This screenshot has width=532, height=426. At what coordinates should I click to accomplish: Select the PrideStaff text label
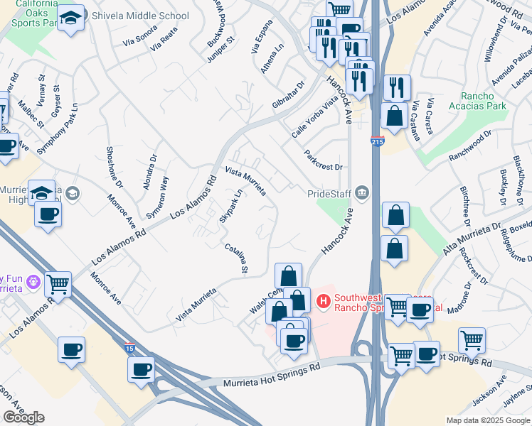pyautogui.click(x=330, y=193)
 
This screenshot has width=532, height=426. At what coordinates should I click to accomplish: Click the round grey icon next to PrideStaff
pyautogui.click(x=363, y=192)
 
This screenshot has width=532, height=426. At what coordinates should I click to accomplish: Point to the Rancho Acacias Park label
pyautogui.click(x=473, y=101)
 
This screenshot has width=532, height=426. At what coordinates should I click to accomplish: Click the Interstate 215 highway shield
pyautogui.click(x=377, y=142)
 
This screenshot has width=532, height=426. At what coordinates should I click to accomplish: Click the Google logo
pyautogui.click(x=23, y=417)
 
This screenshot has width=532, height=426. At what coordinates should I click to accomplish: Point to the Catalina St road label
pyautogui.click(x=236, y=258)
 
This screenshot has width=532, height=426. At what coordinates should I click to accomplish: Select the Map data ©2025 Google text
pyautogui.click(x=487, y=420)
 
